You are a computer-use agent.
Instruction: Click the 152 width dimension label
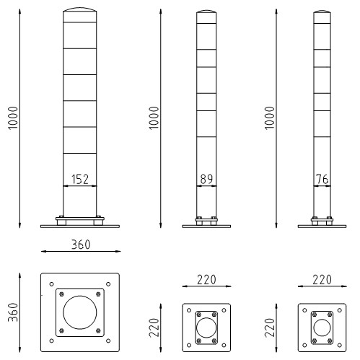point(80,179)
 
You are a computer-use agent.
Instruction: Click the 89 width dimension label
point(206,179)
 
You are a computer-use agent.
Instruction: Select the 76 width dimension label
point(322,179)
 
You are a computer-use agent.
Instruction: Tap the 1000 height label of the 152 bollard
point(13,118)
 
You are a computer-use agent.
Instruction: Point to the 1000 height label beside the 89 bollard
point(154,118)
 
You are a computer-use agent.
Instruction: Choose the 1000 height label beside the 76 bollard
point(269,118)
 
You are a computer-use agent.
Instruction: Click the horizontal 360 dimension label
point(81,245)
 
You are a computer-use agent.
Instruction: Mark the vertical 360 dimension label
point(13,312)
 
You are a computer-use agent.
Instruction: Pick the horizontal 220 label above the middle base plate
point(206,280)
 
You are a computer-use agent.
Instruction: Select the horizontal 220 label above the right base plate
point(322,280)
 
